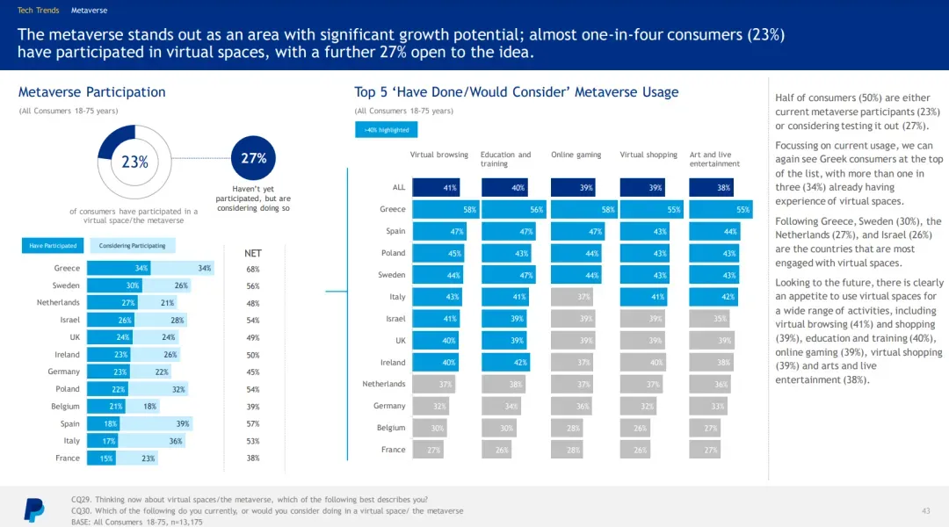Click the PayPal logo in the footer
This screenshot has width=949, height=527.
coord(33,509)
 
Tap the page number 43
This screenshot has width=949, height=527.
coord(925,510)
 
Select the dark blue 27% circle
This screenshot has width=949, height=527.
coord(253,159)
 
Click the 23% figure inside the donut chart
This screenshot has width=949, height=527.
coord(134,162)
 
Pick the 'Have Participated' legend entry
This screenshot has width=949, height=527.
coord(53,246)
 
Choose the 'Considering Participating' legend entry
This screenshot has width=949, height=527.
coord(132,246)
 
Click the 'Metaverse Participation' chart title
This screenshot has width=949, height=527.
coord(91,92)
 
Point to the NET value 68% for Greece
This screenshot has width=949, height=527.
coord(253,269)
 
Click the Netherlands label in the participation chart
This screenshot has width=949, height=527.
coord(58,303)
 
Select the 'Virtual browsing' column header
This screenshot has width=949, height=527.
coord(438,155)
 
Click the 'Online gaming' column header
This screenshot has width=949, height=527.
coord(576,155)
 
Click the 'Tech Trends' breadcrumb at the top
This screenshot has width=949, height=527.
coord(39,11)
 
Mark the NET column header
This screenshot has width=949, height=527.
coord(253,253)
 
